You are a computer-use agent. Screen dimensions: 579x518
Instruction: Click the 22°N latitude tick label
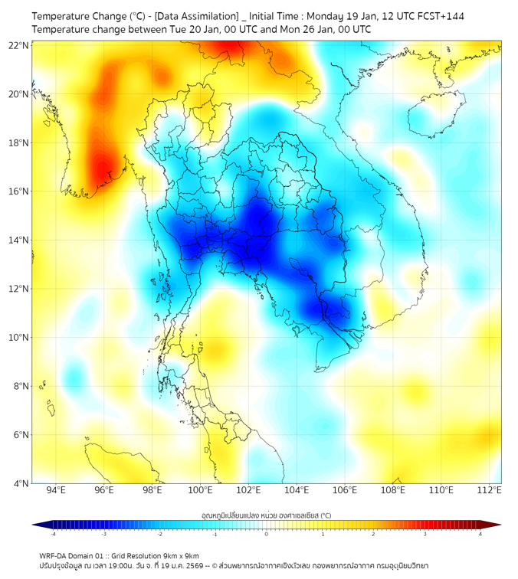[x=19, y=45]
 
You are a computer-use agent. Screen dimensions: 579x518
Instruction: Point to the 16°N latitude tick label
[x=19, y=191]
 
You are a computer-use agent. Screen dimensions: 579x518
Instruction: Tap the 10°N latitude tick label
[x=19, y=338]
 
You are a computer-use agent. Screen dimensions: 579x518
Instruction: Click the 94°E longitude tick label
[x=56, y=490]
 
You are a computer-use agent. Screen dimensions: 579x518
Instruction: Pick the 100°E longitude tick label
[x=201, y=490]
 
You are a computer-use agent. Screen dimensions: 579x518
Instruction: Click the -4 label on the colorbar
[x=53, y=534]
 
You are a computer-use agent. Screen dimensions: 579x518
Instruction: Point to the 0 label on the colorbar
[x=267, y=534]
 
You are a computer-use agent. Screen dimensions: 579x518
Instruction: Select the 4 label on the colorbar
[x=480, y=534]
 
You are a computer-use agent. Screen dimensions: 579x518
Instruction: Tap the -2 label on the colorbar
[x=159, y=534]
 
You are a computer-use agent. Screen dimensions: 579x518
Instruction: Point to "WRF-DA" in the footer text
[x=54, y=555]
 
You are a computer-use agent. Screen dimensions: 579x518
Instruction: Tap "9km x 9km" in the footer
[x=178, y=555]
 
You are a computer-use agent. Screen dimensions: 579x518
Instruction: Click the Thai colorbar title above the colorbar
[x=266, y=515]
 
